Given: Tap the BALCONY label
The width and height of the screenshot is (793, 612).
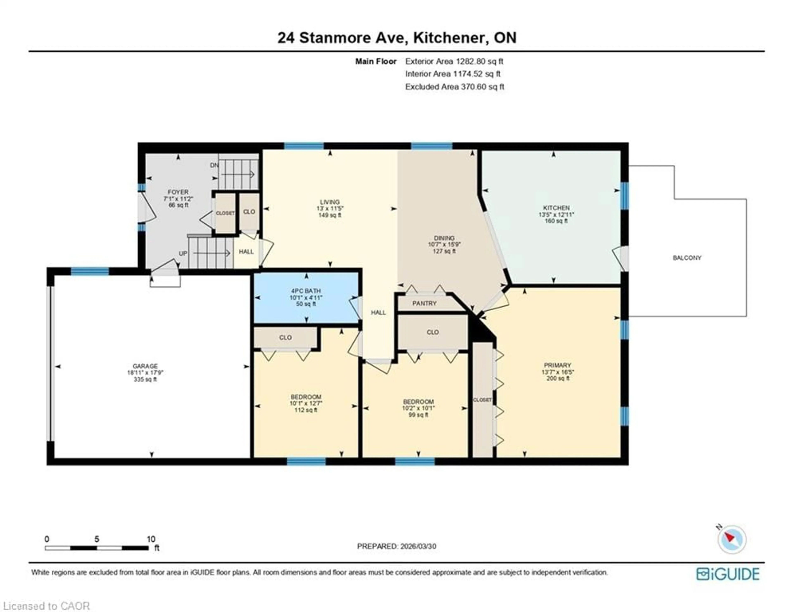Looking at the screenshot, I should click(x=687, y=258).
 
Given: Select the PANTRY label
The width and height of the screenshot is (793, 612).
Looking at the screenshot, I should click(x=424, y=303).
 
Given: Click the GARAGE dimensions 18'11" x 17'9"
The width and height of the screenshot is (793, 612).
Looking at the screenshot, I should click(x=145, y=373).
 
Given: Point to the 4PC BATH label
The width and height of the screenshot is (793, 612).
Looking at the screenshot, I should click(x=306, y=291).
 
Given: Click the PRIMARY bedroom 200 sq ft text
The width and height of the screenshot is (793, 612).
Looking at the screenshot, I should click(x=557, y=378).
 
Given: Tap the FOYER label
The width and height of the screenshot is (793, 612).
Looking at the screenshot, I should click(x=178, y=192).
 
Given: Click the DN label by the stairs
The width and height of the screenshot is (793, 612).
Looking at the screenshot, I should click(x=214, y=165).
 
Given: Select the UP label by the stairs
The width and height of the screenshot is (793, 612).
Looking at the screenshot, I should click(x=183, y=253).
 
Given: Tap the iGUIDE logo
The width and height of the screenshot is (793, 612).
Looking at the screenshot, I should click(x=728, y=574).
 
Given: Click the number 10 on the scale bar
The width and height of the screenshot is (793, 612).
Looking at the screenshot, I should click(x=151, y=539).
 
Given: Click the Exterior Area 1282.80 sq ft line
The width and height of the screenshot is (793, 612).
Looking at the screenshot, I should click(x=454, y=61).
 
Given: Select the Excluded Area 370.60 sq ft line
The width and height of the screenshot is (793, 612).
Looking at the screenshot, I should click(x=454, y=87).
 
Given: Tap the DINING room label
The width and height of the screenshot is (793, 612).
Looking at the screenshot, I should click(x=444, y=238).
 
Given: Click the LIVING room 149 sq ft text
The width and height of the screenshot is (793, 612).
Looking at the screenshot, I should click(x=330, y=215).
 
